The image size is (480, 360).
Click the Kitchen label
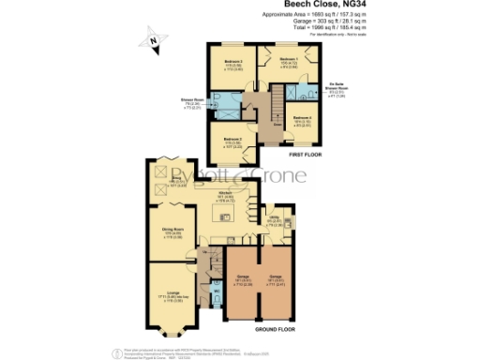226,195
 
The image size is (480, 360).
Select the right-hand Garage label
276,278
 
